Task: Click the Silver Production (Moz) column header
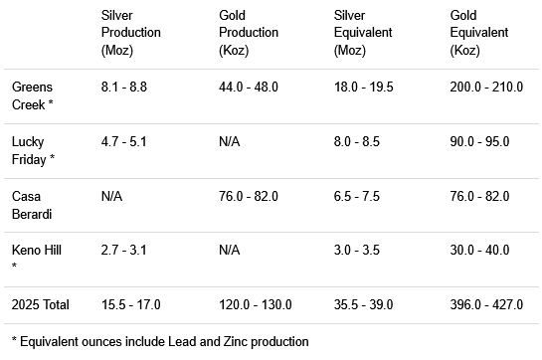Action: (x=130, y=32)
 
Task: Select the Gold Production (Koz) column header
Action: (x=248, y=32)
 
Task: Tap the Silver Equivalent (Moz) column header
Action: (x=364, y=32)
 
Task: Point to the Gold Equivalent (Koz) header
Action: (x=479, y=32)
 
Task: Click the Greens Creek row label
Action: (x=32, y=95)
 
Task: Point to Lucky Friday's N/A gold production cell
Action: (x=230, y=141)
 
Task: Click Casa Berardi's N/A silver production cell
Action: (x=112, y=196)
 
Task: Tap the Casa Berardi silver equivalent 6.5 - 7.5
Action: (x=358, y=196)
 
